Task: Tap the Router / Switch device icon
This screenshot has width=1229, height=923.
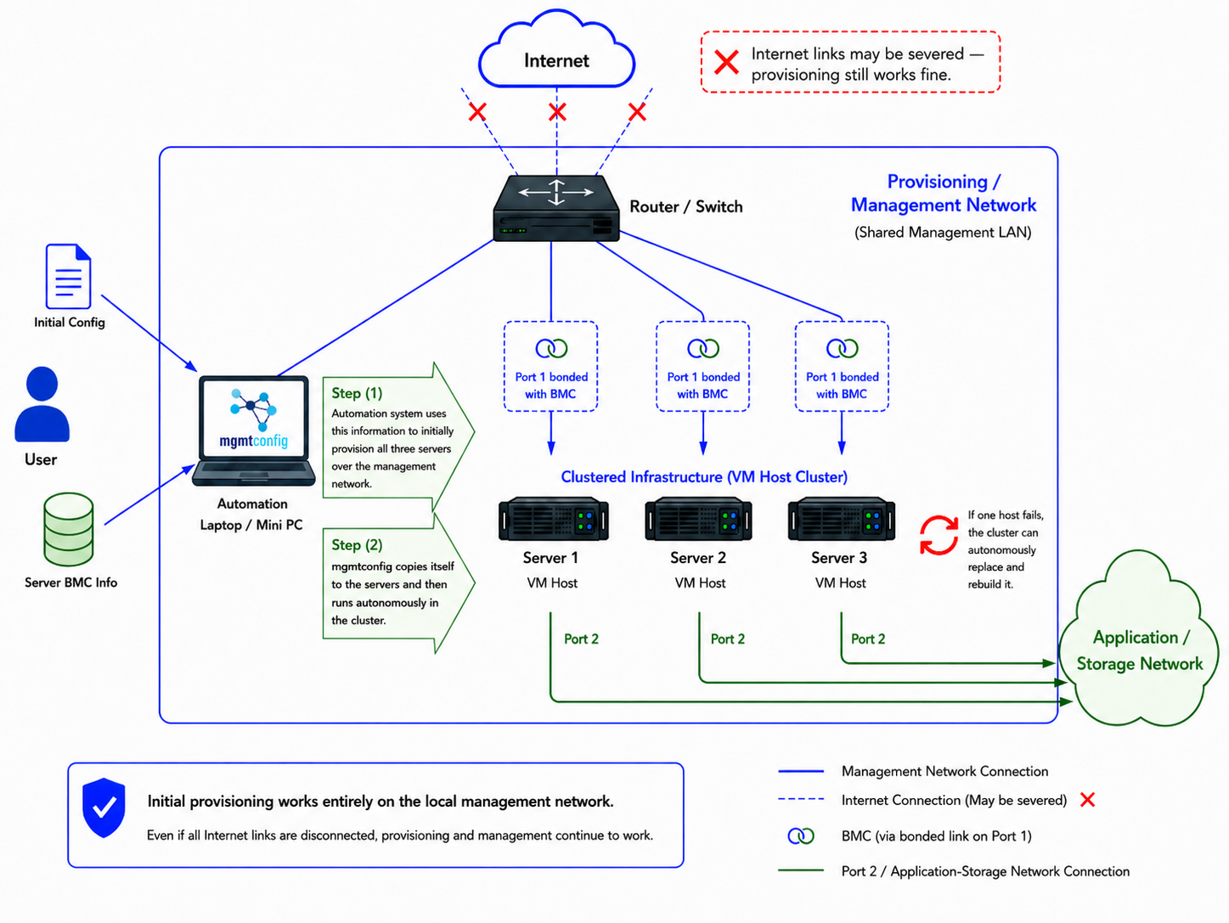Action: point(556,208)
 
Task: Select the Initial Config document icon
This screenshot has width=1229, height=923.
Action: point(68,277)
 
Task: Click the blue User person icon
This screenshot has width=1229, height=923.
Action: point(42,404)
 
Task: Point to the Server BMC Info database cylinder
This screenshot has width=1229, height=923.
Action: point(68,530)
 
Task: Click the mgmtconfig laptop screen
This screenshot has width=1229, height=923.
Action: point(254,417)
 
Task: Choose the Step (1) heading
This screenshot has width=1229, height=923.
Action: point(357,393)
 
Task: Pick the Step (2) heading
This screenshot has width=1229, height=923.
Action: point(357,544)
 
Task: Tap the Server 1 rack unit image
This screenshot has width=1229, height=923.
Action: point(553,519)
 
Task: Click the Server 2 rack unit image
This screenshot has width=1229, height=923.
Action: point(698,519)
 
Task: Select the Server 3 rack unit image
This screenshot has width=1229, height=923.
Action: point(841,519)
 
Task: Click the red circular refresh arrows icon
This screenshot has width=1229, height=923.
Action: point(939,535)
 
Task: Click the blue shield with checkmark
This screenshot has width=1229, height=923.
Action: point(104,808)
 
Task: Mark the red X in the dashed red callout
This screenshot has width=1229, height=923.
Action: point(726,62)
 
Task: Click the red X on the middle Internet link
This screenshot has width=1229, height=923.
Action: point(557,112)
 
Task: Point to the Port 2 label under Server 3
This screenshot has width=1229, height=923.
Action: point(868,639)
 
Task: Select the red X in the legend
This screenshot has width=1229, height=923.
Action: point(1087,799)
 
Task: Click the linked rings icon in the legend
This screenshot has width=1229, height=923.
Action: point(801,836)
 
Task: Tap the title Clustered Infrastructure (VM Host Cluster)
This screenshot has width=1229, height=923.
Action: point(704,477)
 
